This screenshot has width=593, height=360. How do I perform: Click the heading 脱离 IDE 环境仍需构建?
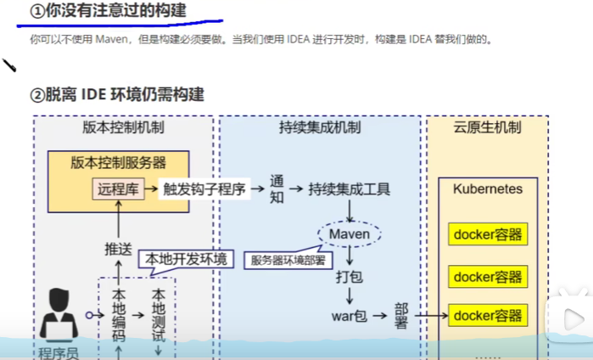(118, 94)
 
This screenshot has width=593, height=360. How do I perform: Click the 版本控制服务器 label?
(118, 162)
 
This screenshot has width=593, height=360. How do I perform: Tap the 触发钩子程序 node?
(203, 189)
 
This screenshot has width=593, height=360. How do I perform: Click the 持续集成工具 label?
(348, 189)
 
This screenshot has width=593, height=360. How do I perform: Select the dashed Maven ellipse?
(350, 232)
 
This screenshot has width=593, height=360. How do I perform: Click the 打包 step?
(350, 277)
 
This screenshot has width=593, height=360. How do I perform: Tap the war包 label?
(349, 317)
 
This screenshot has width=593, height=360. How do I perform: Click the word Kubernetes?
(488, 188)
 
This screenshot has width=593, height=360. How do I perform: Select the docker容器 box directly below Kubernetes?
(488, 234)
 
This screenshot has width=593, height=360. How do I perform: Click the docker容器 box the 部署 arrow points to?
(488, 316)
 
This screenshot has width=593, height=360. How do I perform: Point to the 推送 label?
(118, 249)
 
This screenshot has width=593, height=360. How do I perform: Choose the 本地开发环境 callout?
(186, 259)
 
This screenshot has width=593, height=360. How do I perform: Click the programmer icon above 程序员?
(59, 312)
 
